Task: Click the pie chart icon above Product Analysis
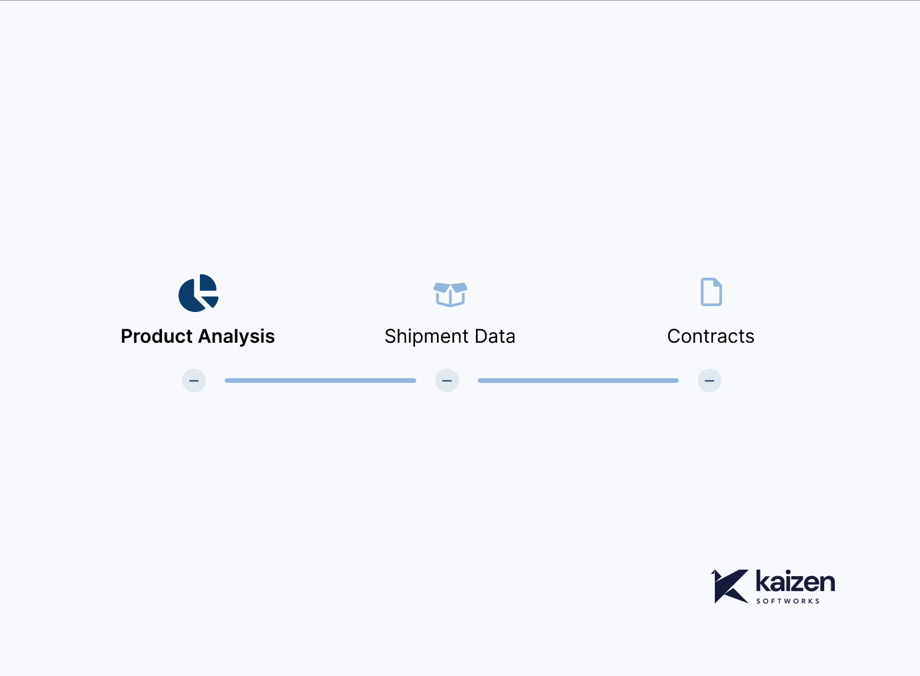(x=198, y=293)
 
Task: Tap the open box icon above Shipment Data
(x=450, y=294)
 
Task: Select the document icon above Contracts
(x=711, y=292)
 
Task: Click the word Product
(x=156, y=336)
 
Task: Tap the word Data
(x=495, y=336)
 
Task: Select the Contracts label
(x=711, y=336)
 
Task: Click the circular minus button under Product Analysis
(x=194, y=381)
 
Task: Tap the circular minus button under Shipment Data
(x=447, y=381)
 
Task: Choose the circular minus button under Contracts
(x=710, y=381)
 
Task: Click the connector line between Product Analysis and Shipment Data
(x=320, y=381)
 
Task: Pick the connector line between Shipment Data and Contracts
(x=578, y=381)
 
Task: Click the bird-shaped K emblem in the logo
(x=729, y=586)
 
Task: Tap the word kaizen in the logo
(x=795, y=583)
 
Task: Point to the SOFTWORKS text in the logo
(x=788, y=601)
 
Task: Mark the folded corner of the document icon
(x=717, y=282)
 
